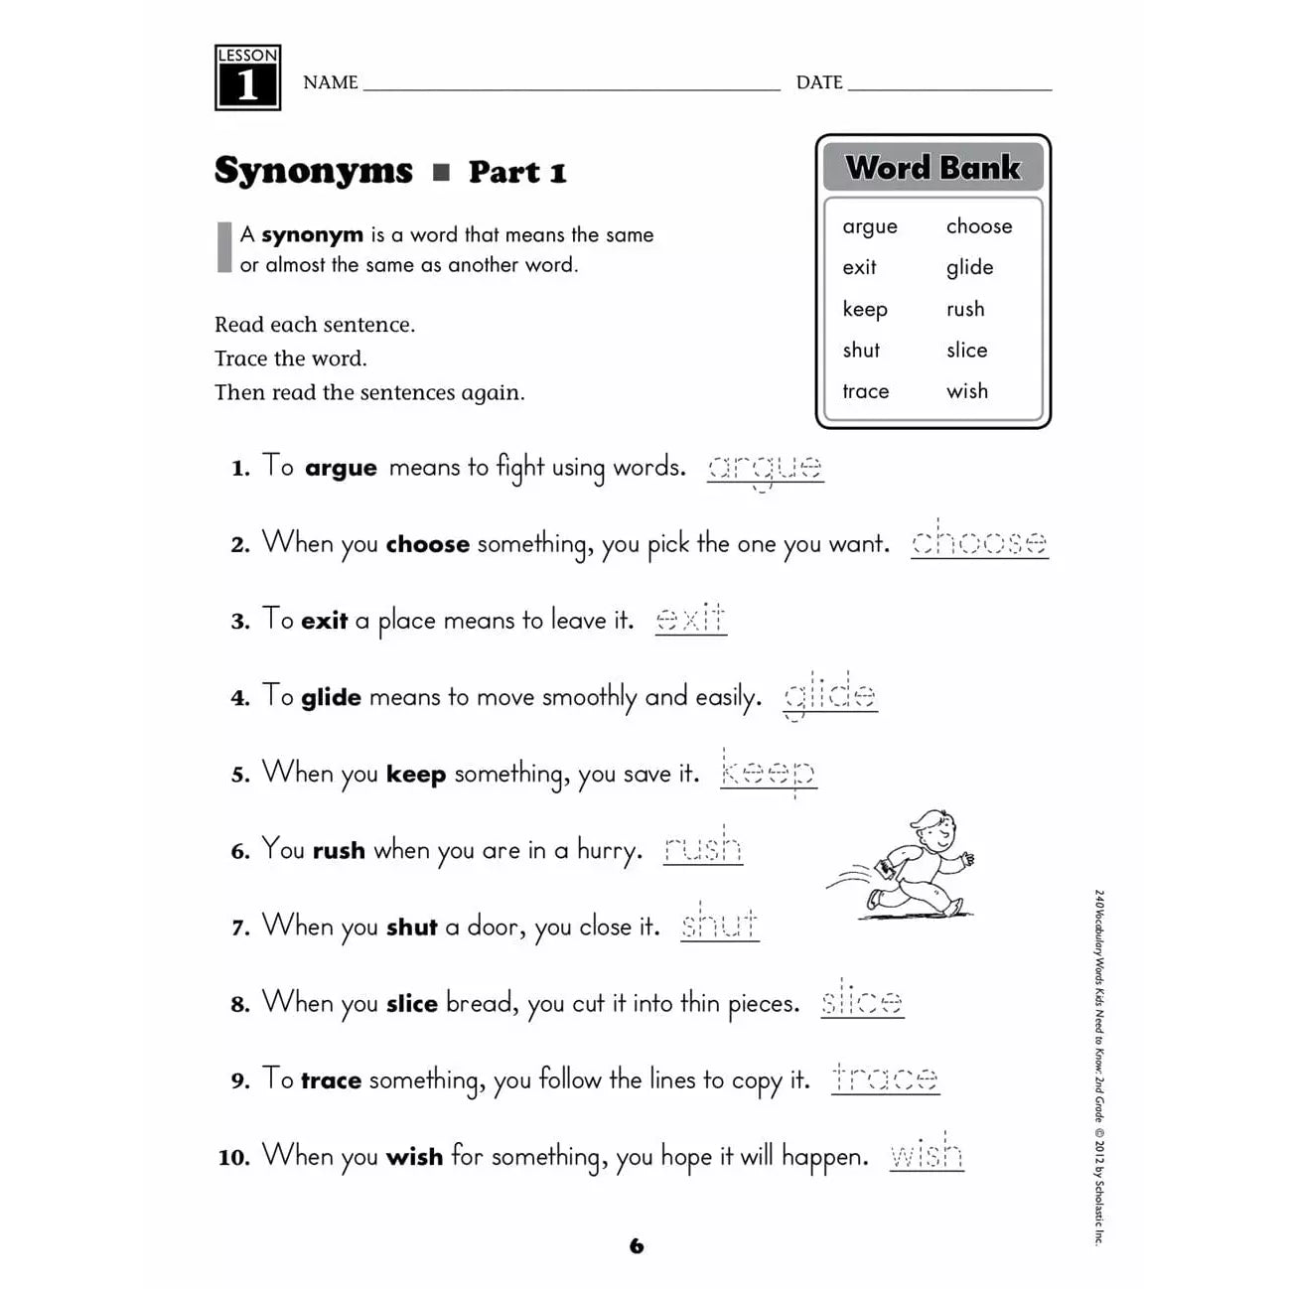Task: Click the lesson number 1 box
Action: point(247,77)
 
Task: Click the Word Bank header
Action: point(932,167)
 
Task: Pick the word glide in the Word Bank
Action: point(969,267)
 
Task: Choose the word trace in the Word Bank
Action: point(865,391)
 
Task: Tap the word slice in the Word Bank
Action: point(966,350)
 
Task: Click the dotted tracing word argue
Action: point(765,467)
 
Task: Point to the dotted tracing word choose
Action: point(979,541)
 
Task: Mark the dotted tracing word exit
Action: point(690,618)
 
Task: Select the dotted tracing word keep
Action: point(768,772)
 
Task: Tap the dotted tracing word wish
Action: point(926,1154)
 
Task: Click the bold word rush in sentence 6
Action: point(339,851)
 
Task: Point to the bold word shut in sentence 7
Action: point(411,928)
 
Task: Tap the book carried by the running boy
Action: point(885,870)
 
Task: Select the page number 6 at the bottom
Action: point(637,1245)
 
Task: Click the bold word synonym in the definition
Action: point(312,235)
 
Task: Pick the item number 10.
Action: point(233,1158)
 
